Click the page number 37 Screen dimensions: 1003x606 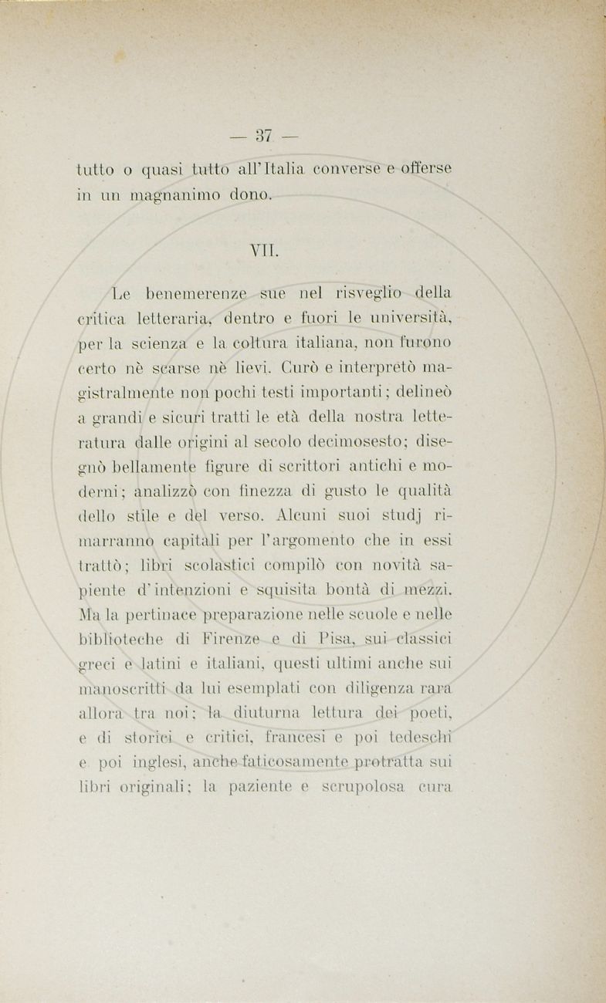coord(264,137)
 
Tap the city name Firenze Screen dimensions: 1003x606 coord(229,640)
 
